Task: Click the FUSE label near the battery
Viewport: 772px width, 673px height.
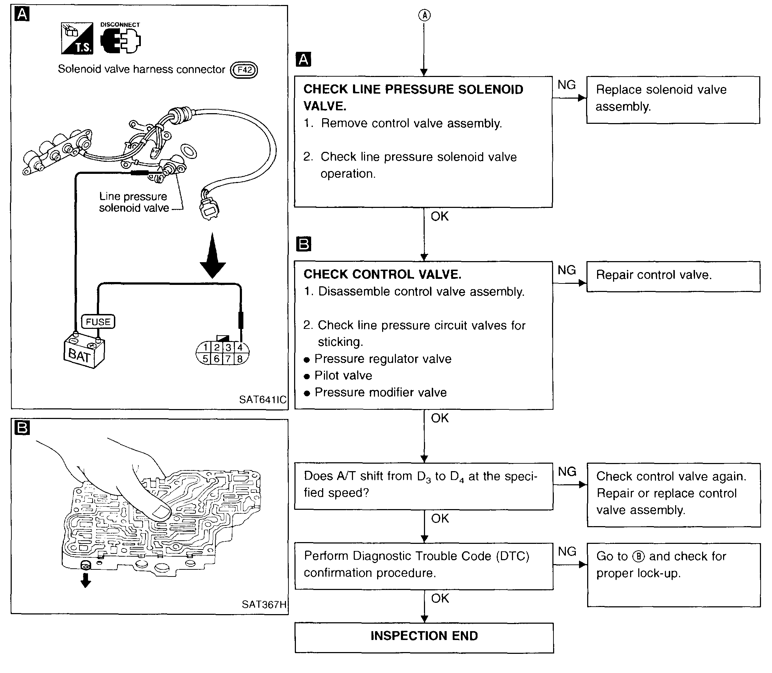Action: (x=98, y=322)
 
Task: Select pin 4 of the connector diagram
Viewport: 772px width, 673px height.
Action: (x=240, y=347)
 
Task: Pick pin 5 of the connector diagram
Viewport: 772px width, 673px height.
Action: (x=205, y=359)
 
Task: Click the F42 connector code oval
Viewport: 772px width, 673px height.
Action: (x=244, y=70)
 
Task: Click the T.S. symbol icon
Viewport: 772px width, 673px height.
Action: (x=77, y=38)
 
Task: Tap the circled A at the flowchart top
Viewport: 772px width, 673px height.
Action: (x=424, y=15)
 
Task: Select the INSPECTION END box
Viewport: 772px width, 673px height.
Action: (x=424, y=636)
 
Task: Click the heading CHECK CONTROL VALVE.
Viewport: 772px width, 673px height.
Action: (x=382, y=274)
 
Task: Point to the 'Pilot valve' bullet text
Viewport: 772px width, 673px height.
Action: (x=343, y=376)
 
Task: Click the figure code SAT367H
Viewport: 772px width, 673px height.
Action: (x=264, y=604)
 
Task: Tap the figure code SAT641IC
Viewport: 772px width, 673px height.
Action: (x=263, y=399)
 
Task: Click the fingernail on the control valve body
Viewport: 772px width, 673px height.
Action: (x=161, y=512)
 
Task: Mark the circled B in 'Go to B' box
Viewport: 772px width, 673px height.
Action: (x=638, y=556)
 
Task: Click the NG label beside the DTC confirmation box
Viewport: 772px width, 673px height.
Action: (x=567, y=551)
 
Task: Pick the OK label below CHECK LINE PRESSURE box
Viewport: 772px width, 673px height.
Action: (x=440, y=216)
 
